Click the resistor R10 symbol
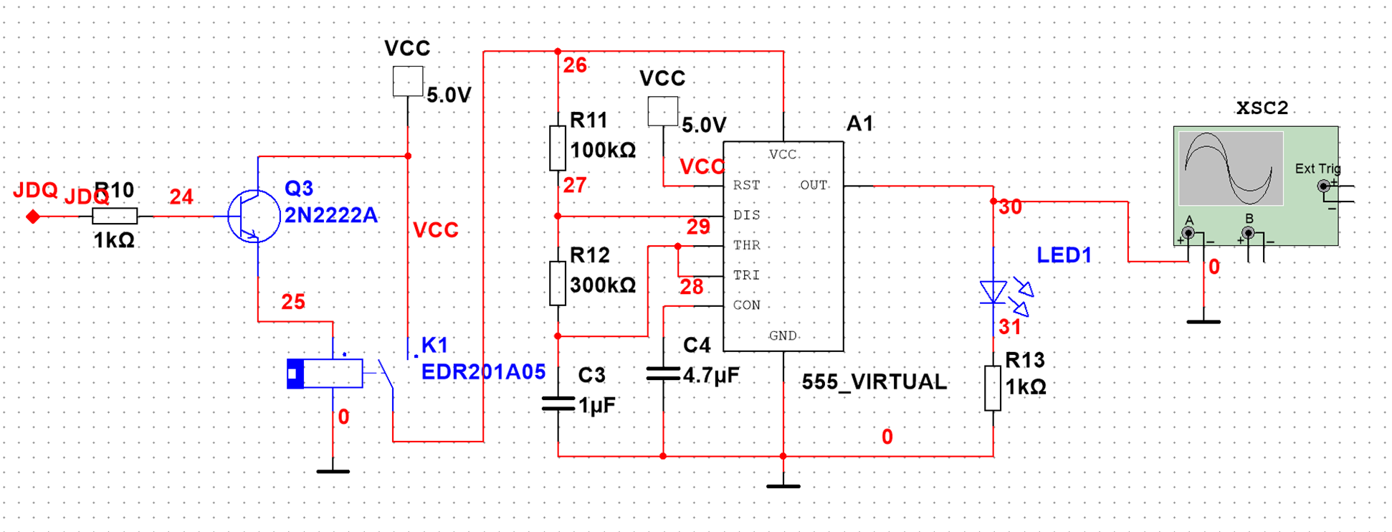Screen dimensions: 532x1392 tap(115, 216)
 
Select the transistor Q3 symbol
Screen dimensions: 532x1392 tap(254, 216)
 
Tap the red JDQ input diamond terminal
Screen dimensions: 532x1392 tap(33, 217)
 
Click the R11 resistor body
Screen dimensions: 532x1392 tap(558, 148)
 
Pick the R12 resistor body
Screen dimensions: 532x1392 tap(558, 283)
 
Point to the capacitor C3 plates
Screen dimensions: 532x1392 tap(558, 404)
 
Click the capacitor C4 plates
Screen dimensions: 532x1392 tap(663, 374)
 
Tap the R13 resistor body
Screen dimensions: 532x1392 tap(993, 388)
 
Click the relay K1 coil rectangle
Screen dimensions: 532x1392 tap(326, 374)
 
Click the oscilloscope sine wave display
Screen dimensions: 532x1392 tap(1231, 168)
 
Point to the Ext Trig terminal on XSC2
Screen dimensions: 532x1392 tap(1323, 186)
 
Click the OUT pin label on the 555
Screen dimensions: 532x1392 tap(813, 185)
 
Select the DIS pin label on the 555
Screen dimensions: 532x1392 tap(746, 215)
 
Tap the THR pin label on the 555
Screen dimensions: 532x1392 tap(746, 245)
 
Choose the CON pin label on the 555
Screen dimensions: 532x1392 tap(746, 305)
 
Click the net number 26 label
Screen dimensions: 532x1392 tap(575, 66)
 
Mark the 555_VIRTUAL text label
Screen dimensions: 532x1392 tap(874, 382)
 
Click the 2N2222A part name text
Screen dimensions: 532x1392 tap(330, 215)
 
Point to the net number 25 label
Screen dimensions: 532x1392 tap(293, 302)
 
